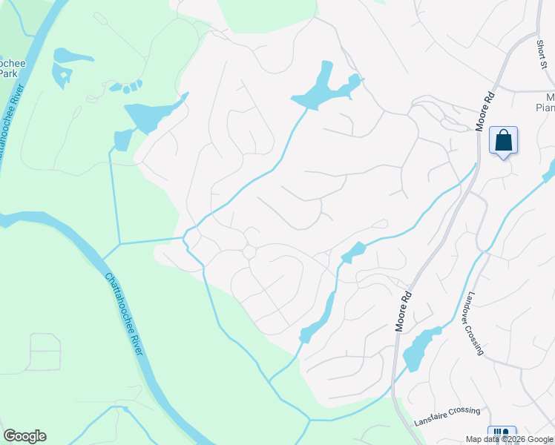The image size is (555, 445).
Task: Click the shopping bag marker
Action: point(503,140)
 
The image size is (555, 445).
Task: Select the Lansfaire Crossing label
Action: point(447,412)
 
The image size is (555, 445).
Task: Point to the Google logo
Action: point(24,436)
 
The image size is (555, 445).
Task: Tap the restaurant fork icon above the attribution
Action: point(501,432)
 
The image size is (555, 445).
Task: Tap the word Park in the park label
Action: point(8,73)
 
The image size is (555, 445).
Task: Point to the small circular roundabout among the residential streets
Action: point(249,253)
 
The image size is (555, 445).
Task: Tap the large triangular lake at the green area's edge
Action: point(149,115)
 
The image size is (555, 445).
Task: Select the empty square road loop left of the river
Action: point(45,352)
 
